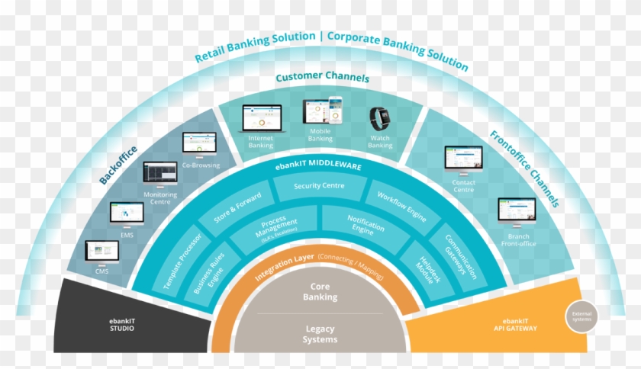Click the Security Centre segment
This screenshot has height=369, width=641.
point(319,185)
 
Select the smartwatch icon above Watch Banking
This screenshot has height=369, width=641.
point(379,119)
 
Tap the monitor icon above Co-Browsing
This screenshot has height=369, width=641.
point(199,143)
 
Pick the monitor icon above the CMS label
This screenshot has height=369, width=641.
point(101,251)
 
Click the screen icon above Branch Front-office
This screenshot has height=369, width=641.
point(517,210)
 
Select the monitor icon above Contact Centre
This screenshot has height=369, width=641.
point(463,159)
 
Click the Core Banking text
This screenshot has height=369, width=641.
point(320,293)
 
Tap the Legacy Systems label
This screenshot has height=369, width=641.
point(320,334)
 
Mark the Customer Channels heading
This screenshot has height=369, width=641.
point(321,78)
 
